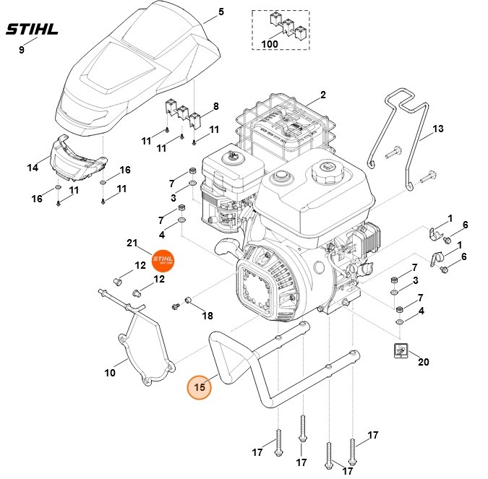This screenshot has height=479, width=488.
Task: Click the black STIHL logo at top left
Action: click(32, 30)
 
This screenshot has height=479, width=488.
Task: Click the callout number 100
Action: click(270, 44)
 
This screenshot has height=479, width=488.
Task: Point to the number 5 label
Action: click(221, 12)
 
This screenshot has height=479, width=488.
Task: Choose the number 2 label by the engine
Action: click(322, 95)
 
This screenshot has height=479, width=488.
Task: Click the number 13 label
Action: click(437, 130)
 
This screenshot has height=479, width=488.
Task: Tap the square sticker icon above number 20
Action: click(401, 350)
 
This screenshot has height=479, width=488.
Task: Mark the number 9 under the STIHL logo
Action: click(21, 49)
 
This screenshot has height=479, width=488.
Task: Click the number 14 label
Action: click(33, 168)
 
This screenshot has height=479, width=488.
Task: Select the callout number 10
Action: click(110, 373)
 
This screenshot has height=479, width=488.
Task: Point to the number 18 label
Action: click(207, 316)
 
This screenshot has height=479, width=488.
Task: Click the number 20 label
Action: click(424, 362)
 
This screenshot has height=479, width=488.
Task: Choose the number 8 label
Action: click(215, 107)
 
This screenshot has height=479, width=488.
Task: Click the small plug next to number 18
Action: click(187, 298)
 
